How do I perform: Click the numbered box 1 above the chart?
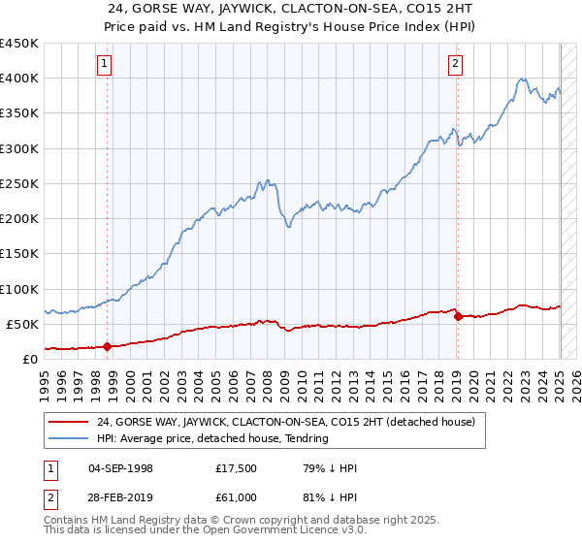[x=104, y=65]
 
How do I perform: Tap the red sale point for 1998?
[x=108, y=346]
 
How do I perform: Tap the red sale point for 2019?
[x=458, y=316]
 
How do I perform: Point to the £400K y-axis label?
[x=19, y=79]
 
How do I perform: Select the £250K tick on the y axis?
[x=19, y=183]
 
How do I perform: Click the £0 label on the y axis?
[x=30, y=359]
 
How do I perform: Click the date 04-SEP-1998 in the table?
[x=123, y=468]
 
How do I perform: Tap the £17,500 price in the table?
[x=236, y=468]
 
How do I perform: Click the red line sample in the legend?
[x=70, y=422]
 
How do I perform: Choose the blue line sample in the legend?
[x=70, y=438]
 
